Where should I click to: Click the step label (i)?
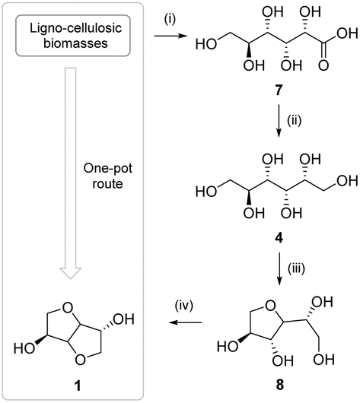point(170,20)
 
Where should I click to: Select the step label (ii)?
point(294,121)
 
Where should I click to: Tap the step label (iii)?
point(296,268)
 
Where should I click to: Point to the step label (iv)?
point(184,306)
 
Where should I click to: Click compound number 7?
point(279,90)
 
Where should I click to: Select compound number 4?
point(279,238)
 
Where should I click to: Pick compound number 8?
point(280,385)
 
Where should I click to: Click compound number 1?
point(78,386)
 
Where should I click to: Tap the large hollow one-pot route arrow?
point(71,173)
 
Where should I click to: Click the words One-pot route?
point(108,176)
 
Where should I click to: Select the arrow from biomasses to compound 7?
point(170,36)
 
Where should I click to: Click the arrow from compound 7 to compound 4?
point(279,121)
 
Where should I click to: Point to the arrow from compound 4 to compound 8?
point(280,268)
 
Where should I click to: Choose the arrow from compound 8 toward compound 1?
point(186,322)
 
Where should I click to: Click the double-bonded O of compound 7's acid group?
point(323,65)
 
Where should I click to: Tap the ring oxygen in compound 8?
point(270,306)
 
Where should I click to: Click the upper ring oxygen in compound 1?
point(68,308)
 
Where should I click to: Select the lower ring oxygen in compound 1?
point(80,360)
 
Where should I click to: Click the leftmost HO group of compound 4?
point(206,192)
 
